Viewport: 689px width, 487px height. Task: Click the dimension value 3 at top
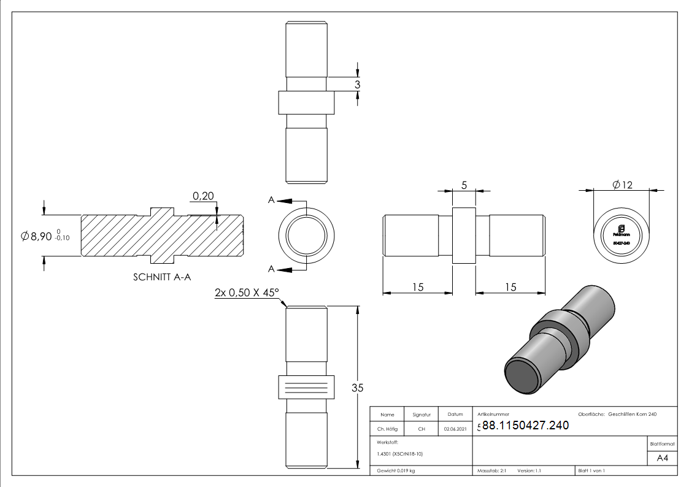coord(356,85)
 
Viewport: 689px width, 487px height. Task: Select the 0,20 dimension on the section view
coord(203,196)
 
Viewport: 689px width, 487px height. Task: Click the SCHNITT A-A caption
coord(162,277)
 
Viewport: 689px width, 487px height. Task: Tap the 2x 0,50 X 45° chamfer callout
coord(245,293)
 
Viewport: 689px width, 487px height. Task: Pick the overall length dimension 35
coord(357,388)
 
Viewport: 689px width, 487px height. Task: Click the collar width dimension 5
coord(464,184)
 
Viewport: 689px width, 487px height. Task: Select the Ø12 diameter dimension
coord(622,185)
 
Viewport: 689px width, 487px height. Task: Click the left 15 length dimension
coord(417,287)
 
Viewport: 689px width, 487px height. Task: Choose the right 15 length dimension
coord(510,287)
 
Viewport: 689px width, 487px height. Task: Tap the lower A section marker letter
coord(271,269)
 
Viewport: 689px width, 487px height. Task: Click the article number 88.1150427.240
coord(525,426)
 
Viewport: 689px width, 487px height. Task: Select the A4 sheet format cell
coord(662,458)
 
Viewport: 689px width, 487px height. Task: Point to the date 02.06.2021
coord(455,429)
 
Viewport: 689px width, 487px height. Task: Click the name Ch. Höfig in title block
coord(387,429)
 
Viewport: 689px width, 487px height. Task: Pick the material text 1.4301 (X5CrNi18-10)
coord(400,454)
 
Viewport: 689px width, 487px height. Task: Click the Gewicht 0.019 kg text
coord(396,470)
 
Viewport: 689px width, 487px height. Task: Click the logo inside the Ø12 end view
coord(622,229)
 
